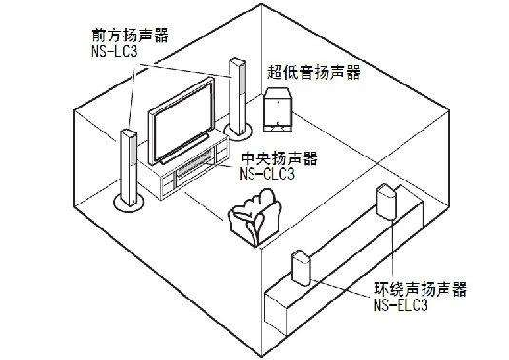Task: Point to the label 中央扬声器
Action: point(279,157)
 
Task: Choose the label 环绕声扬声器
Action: point(407,289)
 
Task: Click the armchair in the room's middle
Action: point(252,217)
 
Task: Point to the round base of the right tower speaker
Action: point(233,129)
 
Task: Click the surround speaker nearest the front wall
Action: point(300,266)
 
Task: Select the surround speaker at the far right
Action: point(388,202)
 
